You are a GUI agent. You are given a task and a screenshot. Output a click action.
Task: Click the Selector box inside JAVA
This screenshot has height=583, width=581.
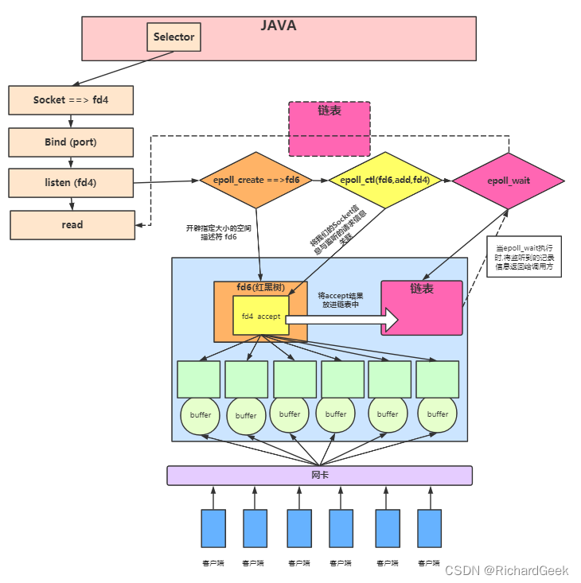[174, 37]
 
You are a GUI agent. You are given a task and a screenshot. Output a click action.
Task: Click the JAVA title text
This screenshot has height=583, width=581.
[278, 25]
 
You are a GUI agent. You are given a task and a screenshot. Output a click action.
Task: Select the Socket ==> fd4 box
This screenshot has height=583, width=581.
[70, 100]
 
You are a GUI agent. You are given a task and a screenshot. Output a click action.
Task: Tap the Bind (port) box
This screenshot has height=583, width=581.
[70, 142]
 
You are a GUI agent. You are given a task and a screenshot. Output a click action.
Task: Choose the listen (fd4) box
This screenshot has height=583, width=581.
[70, 182]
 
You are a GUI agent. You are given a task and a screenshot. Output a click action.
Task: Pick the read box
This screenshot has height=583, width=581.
[72, 224]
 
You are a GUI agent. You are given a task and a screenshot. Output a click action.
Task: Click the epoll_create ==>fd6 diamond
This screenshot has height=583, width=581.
[255, 181]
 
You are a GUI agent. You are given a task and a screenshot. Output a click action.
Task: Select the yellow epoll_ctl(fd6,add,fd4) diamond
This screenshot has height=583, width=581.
[384, 181]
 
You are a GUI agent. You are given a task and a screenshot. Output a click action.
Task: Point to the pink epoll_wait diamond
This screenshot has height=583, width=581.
[508, 181]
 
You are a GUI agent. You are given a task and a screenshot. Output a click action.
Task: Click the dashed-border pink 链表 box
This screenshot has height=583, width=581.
[329, 129]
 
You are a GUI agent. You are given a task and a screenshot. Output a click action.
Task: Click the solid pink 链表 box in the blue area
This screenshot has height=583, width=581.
[422, 308]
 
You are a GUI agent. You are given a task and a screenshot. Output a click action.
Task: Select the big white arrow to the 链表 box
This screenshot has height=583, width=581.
[342, 319]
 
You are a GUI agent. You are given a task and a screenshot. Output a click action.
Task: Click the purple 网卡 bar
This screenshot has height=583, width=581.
[319, 475]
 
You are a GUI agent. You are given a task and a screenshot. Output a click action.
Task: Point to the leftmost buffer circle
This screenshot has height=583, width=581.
[201, 415]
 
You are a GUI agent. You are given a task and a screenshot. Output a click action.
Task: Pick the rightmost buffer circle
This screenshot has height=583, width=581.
[438, 414]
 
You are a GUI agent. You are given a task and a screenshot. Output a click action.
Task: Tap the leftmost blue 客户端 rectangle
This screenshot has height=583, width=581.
[213, 528]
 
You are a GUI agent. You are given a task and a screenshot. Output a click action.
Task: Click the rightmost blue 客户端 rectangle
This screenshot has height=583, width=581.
[430, 528]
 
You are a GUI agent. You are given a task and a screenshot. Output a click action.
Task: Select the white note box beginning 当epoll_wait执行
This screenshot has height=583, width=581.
[524, 256]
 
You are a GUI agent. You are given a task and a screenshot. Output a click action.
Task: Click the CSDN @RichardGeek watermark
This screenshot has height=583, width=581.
[507, 570]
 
